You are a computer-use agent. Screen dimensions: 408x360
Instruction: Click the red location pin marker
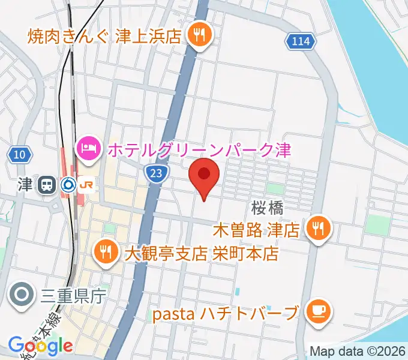click(204, 175)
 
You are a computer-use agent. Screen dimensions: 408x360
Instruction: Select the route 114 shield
click(298, 41)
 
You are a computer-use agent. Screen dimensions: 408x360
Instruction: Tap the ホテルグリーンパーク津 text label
click(199, 149)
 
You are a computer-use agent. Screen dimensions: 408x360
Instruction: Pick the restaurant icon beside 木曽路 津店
click(316, 229)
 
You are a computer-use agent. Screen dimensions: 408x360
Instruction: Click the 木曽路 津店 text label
click(256, 229)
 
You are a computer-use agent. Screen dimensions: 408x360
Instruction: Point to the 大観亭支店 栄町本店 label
click(202, 253)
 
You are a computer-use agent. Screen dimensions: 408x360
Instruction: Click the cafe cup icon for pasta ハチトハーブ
click(316, 311)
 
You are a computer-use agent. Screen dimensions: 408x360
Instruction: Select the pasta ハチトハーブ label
click(224, 313)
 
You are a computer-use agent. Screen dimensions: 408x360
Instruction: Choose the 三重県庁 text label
click(73, 296)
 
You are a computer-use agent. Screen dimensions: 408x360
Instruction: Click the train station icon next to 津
click(46, 185)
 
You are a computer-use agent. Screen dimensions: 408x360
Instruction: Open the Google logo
click(41, 346)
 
